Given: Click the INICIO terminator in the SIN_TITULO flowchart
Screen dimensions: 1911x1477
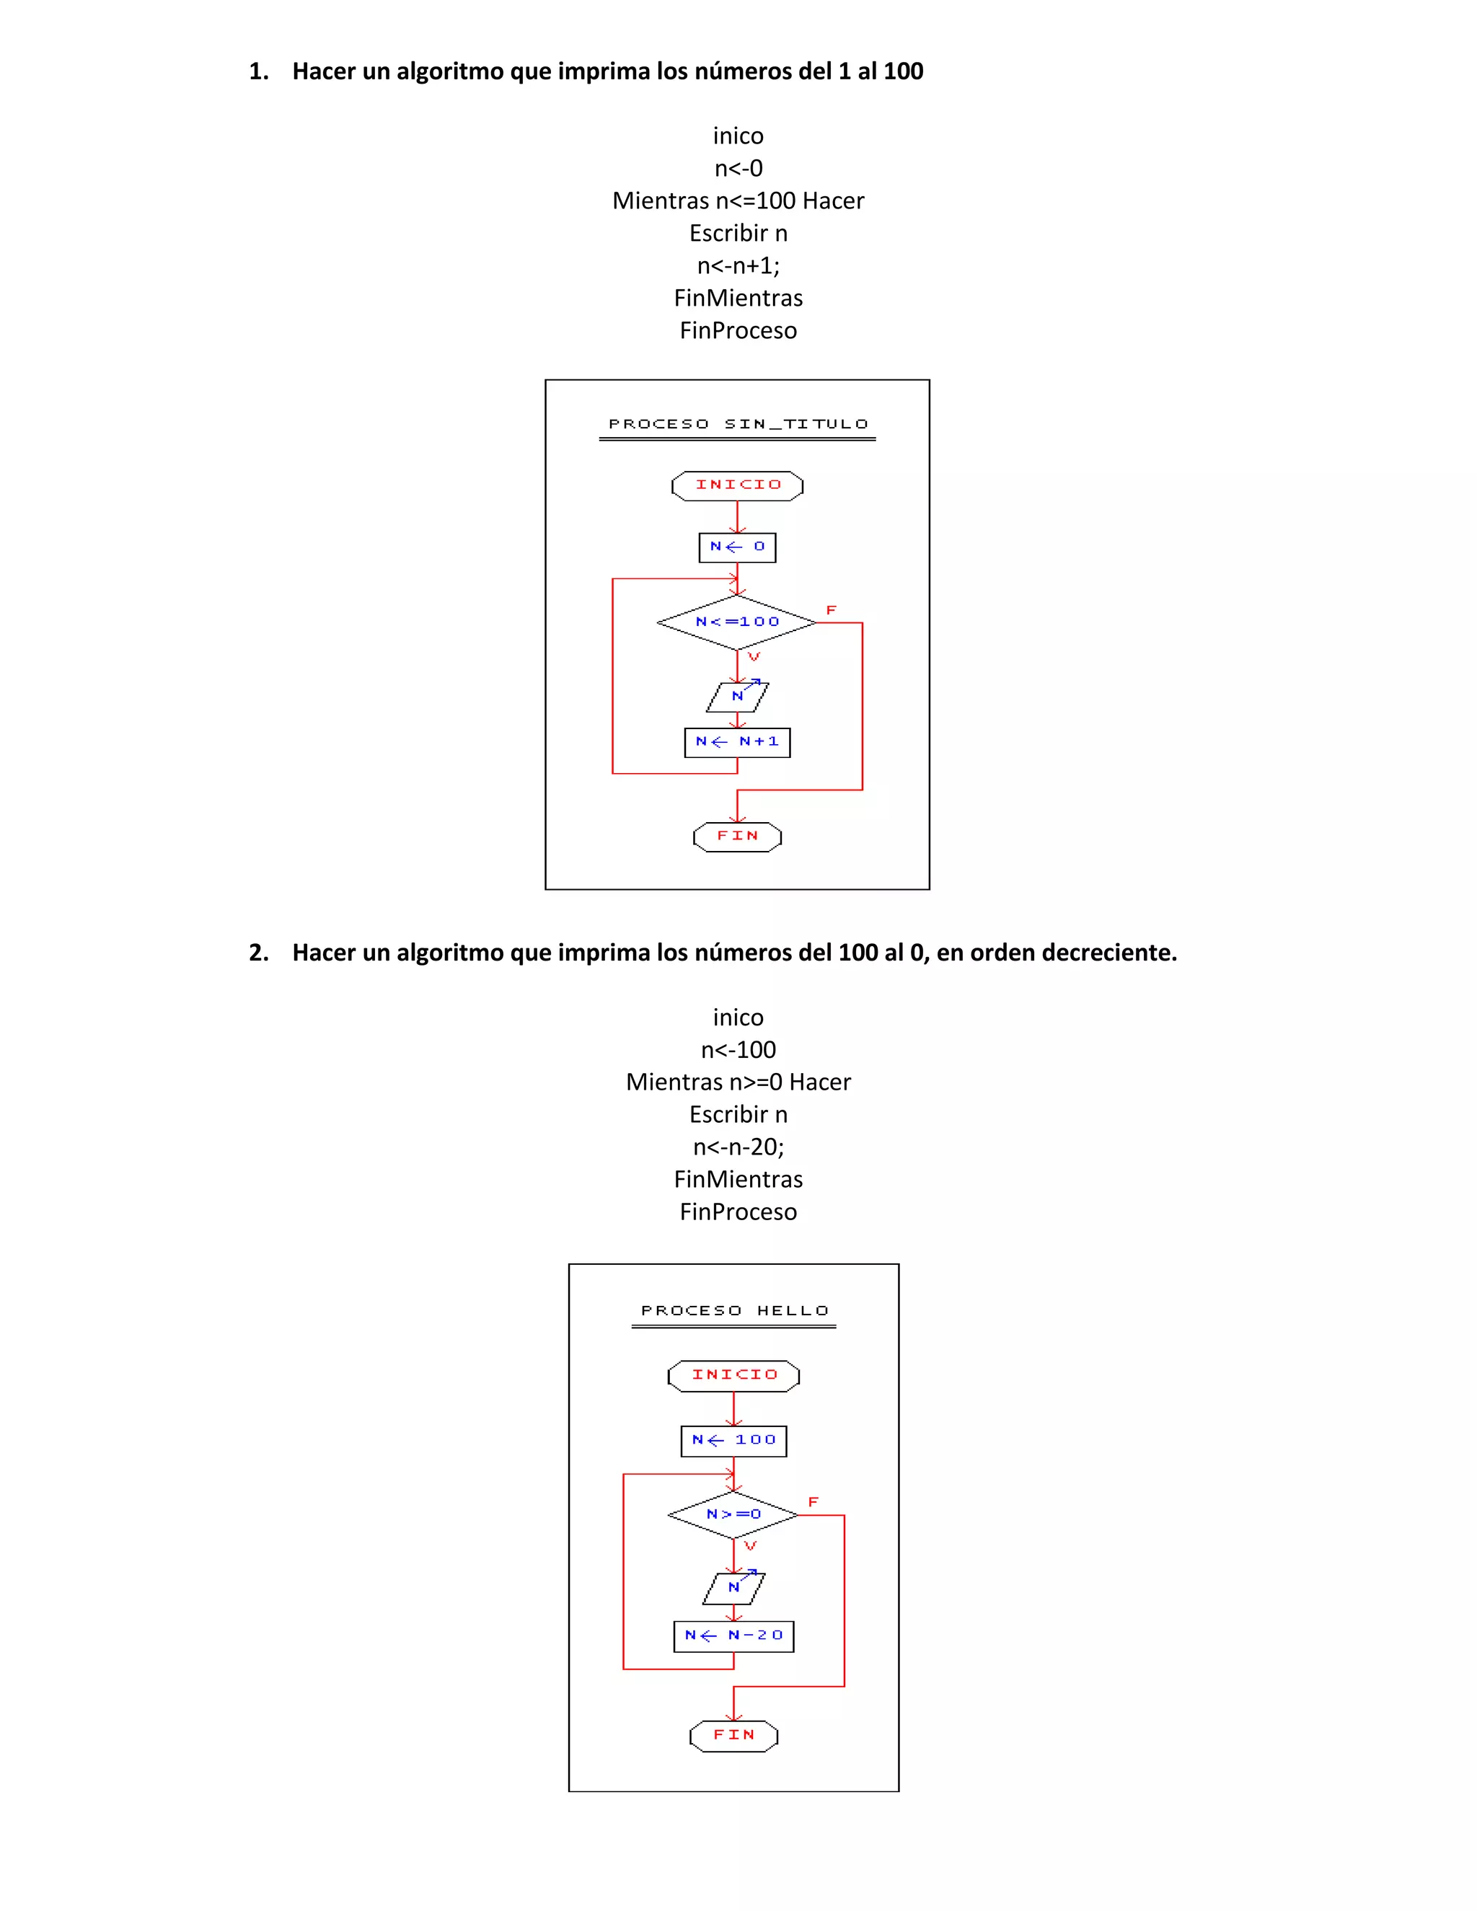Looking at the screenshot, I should coord(737,485).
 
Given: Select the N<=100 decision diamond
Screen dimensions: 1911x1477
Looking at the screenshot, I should coord(737,622).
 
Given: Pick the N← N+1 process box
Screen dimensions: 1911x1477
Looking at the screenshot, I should coord(737,742).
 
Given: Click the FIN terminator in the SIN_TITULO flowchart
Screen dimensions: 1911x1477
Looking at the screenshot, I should coord(737,837).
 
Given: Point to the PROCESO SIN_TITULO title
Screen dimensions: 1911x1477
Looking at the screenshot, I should coord(738,424).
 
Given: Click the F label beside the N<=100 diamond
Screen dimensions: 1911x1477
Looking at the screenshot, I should coord(832,610).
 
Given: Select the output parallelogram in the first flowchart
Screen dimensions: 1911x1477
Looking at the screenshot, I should coord(737,697).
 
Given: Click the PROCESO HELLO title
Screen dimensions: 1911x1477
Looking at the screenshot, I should coord(734,1311).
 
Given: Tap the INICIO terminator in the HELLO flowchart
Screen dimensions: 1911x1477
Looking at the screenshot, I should coord(733,1375).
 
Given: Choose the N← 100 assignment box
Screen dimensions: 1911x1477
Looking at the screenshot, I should coord(733,1440).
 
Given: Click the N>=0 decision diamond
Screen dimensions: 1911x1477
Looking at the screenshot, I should coord(733,1514).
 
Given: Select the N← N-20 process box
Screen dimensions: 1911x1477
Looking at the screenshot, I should coord(733,1636).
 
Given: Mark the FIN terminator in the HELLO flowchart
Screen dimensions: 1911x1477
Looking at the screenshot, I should coord(733,1735).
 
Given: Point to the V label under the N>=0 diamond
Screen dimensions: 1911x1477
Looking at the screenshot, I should coord(750,1547).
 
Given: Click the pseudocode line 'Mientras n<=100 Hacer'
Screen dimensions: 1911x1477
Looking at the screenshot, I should coord(738,201).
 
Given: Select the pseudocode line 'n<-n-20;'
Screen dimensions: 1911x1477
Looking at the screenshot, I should coord(738,1147).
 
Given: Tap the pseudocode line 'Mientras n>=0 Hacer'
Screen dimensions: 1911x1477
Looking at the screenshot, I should coord(738,1082).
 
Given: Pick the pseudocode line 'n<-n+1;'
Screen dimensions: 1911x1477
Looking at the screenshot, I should coord(738,266).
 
